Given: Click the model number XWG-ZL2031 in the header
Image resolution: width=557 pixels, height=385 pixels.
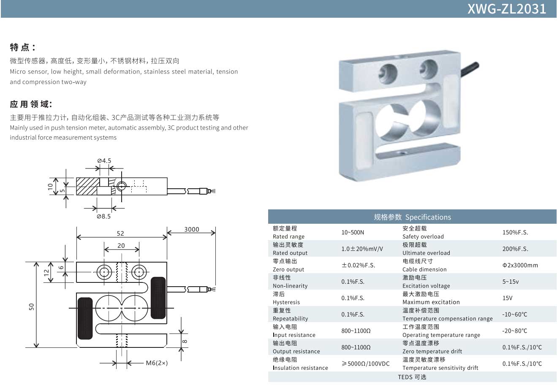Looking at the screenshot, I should [506, 9].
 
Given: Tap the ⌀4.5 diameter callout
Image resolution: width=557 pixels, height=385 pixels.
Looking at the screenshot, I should [104, 161].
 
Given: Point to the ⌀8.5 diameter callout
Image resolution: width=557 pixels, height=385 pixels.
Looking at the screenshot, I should [103, 217].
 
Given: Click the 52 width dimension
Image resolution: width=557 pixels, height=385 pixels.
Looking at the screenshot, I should [121, 233].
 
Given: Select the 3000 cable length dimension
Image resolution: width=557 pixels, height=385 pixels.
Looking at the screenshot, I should [191, 229].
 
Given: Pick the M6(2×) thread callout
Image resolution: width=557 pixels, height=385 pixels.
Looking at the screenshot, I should [157, 363].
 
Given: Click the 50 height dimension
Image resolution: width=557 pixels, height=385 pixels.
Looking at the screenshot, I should [32, 306].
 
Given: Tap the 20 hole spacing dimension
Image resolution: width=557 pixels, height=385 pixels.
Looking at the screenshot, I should [121, 246].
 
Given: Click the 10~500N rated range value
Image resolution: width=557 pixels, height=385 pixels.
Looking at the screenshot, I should [353, 233].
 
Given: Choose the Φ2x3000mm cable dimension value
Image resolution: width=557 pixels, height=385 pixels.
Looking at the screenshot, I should [520, 266].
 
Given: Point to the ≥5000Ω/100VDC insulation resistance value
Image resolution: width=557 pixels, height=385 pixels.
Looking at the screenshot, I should [365, 363].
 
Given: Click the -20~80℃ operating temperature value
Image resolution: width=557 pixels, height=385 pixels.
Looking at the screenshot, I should [514, 331].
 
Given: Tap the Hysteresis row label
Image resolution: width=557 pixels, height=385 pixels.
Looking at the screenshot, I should [286, 302].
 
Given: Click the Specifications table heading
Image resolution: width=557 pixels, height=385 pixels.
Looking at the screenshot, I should [412, 217].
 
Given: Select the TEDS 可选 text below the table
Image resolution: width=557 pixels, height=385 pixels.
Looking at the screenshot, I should [412, 377].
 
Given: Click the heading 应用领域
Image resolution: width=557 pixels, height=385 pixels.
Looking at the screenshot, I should [30, 104].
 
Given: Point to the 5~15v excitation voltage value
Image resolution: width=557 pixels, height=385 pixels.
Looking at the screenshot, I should [511, 282].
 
